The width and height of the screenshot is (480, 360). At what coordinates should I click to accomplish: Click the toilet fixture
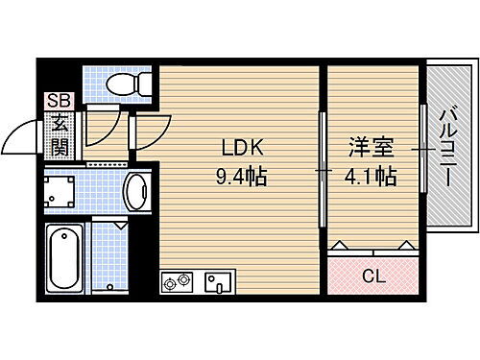[x=126, y=85]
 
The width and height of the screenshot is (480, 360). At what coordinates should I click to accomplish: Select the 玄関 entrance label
[x=60, y=134]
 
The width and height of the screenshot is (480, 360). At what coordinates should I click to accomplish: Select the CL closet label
[x=373, y=276]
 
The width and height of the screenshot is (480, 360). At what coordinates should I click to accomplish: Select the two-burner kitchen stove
[x=178, y=282]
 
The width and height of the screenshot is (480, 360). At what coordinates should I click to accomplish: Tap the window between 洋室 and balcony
[x=422, y=149]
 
